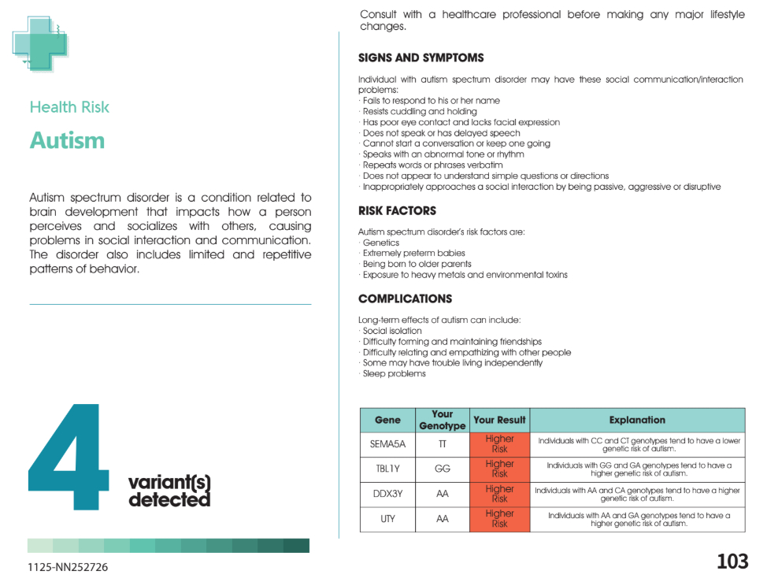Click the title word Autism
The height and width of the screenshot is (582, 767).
click(x=67, y=140)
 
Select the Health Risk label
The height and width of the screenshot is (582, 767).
click(x=69, y=107)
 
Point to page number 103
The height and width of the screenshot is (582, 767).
click(x=732, y=562)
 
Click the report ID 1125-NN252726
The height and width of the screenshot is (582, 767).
click(x=69, y=566)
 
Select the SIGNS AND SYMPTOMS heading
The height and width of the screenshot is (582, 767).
click(x=421, y=58)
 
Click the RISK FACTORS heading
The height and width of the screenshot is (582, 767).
click(x=397, y=211)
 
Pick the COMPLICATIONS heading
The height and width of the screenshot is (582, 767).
click(x=405, y=299)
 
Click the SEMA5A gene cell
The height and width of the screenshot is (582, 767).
click(x=387, y=444)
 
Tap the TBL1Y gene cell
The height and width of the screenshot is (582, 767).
click(x=387, y=469)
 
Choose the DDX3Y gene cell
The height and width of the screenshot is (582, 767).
click(x=387, y=494)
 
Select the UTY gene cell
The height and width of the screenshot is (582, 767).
click(x=387, y=519)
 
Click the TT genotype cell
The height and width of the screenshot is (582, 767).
click(x=442, y=444)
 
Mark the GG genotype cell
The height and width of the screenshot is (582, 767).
click(x=442, y=469)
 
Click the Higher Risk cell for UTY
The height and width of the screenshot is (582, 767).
click(x=499, y=519)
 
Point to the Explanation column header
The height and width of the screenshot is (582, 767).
click(x=637, y=420)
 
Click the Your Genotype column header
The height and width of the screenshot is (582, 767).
click(x=442, y=420)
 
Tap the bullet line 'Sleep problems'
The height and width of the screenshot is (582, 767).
click(x=394, y=374)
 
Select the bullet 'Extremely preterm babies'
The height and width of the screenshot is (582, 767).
click(x=413, y=254)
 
